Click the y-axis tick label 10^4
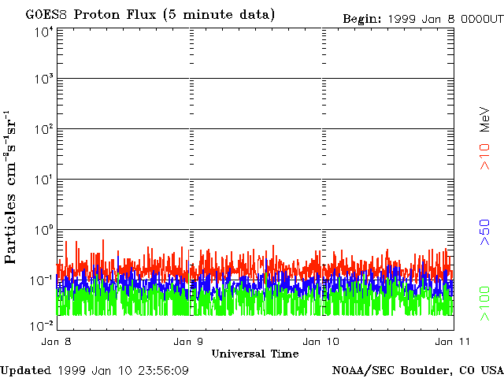click(43, 31)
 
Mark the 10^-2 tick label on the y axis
click(42, 325)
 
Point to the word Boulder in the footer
click(426, 369)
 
